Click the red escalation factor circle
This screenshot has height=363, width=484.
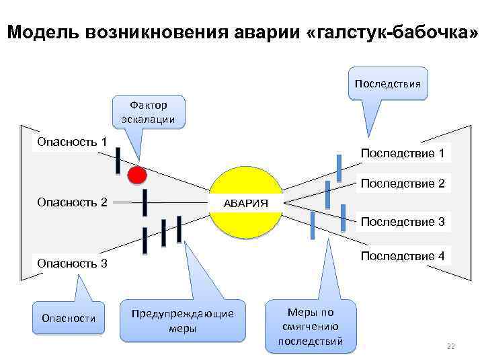coord(137,175)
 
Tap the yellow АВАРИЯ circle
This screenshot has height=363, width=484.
coord(247,202)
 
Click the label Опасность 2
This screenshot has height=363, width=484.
coord(72,202)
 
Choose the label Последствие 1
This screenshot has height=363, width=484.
coord(402,153)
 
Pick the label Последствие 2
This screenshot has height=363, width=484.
coord(402,183)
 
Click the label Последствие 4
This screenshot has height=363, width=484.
coord(402,255)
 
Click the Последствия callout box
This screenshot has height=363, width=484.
coord(387,84)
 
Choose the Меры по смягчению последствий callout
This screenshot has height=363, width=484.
coord(310,326)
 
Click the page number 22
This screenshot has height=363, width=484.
coord(450,346)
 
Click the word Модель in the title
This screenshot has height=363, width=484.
coord(40,32)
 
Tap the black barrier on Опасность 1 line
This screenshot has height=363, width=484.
coord(118,159)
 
